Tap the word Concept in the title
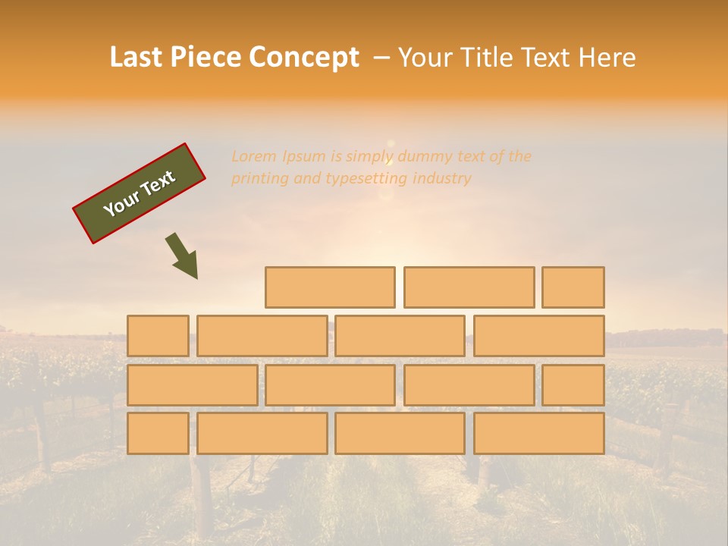[x=303, y=58]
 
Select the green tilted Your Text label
[x=140, y=193]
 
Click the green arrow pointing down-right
[x=183, y=256]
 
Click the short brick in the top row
[x=573, y=287]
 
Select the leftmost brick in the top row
[x=330, y=287]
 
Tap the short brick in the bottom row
[x=158, y=433]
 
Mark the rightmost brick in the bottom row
[x=539, y=433]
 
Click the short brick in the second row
[x=158, y=336]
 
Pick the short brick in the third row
[x=573, y=384]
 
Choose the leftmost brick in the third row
[x=192, y=384]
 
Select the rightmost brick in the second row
[x=539, y=336]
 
